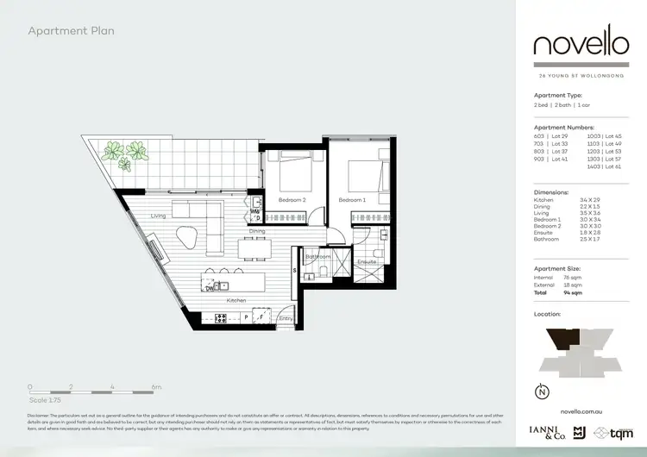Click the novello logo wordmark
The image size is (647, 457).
point(580,44)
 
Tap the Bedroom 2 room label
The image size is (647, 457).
point(292,200)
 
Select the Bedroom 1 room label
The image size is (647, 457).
point(352,200)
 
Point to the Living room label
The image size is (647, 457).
point(157,216)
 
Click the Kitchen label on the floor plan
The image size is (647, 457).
point(236,300)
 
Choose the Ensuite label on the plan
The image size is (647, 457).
point(366,260)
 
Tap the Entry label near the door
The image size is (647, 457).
point(286,318)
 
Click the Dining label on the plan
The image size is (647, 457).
point(257,231)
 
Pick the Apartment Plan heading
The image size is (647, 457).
point(72,31)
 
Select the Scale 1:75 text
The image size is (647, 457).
point(44,401)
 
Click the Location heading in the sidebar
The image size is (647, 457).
point(548,315)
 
